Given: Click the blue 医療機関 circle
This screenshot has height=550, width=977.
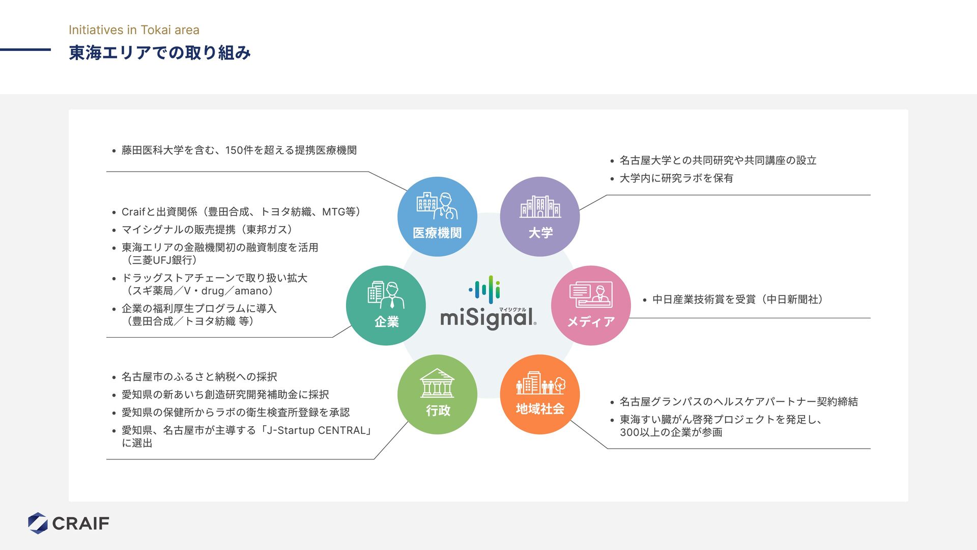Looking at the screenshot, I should click(x=437, y=216).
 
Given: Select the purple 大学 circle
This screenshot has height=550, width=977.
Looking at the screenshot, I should click(x=540, y=216).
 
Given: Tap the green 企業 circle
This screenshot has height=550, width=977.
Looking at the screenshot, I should click(x=386, y=306).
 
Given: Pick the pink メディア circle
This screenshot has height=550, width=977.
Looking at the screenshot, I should click(x=591, y=306).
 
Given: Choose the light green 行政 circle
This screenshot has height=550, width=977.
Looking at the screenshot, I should click(x=437, y=395).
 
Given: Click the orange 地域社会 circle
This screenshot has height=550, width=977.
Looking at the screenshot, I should click(x=540, y=395).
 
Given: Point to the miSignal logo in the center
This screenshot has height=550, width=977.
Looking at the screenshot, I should click(x=488, y=305).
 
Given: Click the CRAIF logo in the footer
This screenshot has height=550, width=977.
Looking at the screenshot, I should click(x=69, y=523).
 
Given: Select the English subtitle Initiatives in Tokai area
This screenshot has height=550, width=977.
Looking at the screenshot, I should click(x=134, y=30).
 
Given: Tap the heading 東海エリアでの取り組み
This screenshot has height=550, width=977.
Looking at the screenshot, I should click(x=160, y=53).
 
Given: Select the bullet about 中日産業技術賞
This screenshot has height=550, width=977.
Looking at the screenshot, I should click(x=737, y=299).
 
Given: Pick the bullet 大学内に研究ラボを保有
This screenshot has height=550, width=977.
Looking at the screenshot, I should click(x=676, y=178).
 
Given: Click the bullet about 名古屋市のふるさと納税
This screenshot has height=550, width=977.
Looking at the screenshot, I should click(x=199, y=377).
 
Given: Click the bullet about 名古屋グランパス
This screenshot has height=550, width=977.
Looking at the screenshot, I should click(x=738, y=402).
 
